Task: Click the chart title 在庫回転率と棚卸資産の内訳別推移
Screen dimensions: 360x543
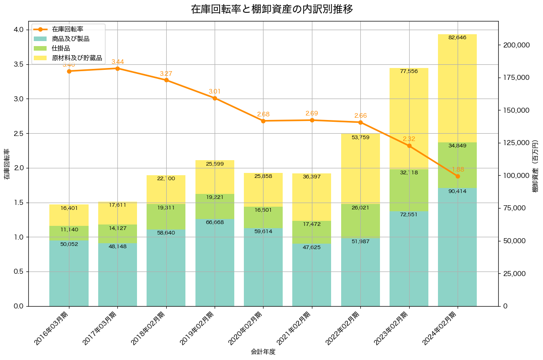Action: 272,9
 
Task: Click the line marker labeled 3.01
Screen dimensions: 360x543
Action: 215,98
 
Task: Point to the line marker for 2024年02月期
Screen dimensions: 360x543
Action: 458,176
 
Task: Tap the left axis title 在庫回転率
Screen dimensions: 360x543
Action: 6,164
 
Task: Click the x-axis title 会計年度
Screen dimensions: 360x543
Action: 263,352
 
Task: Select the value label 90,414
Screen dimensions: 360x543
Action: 457,191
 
